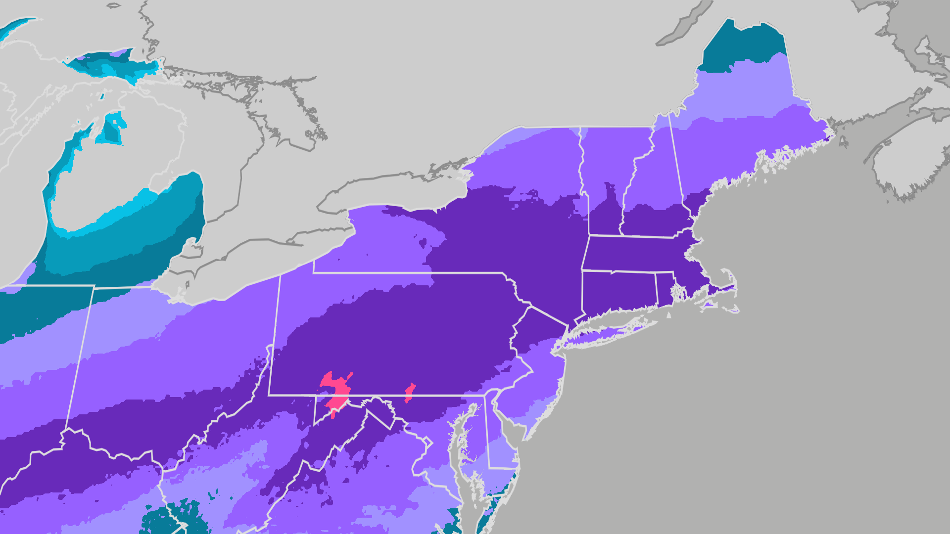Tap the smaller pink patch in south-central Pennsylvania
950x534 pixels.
coord(410,393)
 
